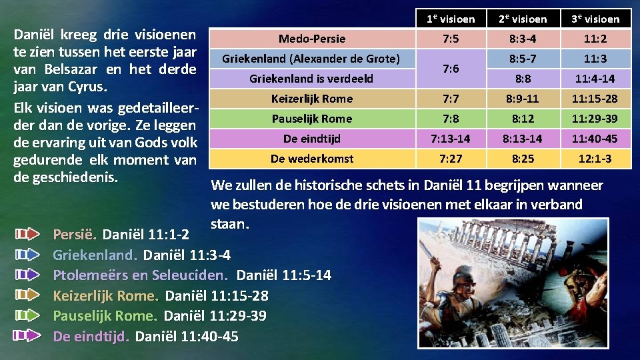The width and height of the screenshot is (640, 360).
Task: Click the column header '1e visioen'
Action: [x=451, y=19]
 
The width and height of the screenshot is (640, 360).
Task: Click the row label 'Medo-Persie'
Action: [x=312, y=39]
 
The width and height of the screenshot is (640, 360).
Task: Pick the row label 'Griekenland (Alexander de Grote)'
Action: [x=311, y=59]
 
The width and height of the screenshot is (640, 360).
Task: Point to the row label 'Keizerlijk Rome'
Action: [x=312, y=99]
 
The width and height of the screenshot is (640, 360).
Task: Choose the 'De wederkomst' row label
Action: [x=312, y=159]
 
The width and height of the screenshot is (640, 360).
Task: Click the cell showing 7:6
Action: [x=451, y=69]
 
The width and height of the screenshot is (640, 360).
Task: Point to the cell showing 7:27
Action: [x=451, y=159]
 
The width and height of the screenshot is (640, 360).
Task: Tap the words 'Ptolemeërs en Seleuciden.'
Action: [x=140, y=275]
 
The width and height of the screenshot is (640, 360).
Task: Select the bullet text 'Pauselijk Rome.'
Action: [x=105, y=316]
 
